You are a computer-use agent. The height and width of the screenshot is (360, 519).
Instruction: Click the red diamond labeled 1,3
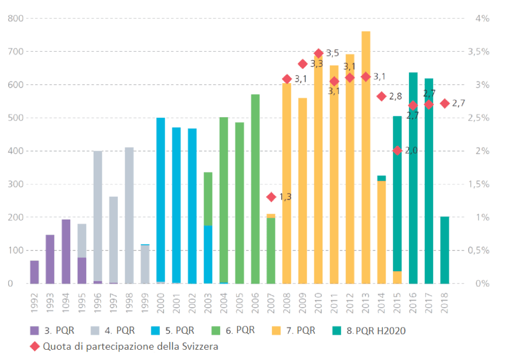[271, 197]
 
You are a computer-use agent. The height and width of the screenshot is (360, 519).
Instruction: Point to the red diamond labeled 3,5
[318, 53]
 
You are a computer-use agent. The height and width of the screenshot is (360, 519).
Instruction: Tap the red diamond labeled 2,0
[397, 150]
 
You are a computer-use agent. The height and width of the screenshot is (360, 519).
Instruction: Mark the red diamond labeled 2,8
[381, 97]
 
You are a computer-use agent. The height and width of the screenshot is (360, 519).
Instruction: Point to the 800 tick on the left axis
[16, 19]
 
